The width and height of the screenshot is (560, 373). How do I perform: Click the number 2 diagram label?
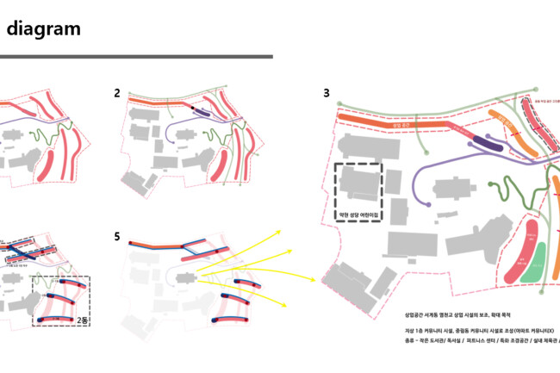point(116,92)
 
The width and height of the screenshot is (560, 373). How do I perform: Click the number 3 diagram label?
point(327,92)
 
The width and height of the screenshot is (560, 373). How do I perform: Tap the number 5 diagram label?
point(117,236)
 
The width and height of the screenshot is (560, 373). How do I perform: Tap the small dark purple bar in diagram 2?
point(201,112)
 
